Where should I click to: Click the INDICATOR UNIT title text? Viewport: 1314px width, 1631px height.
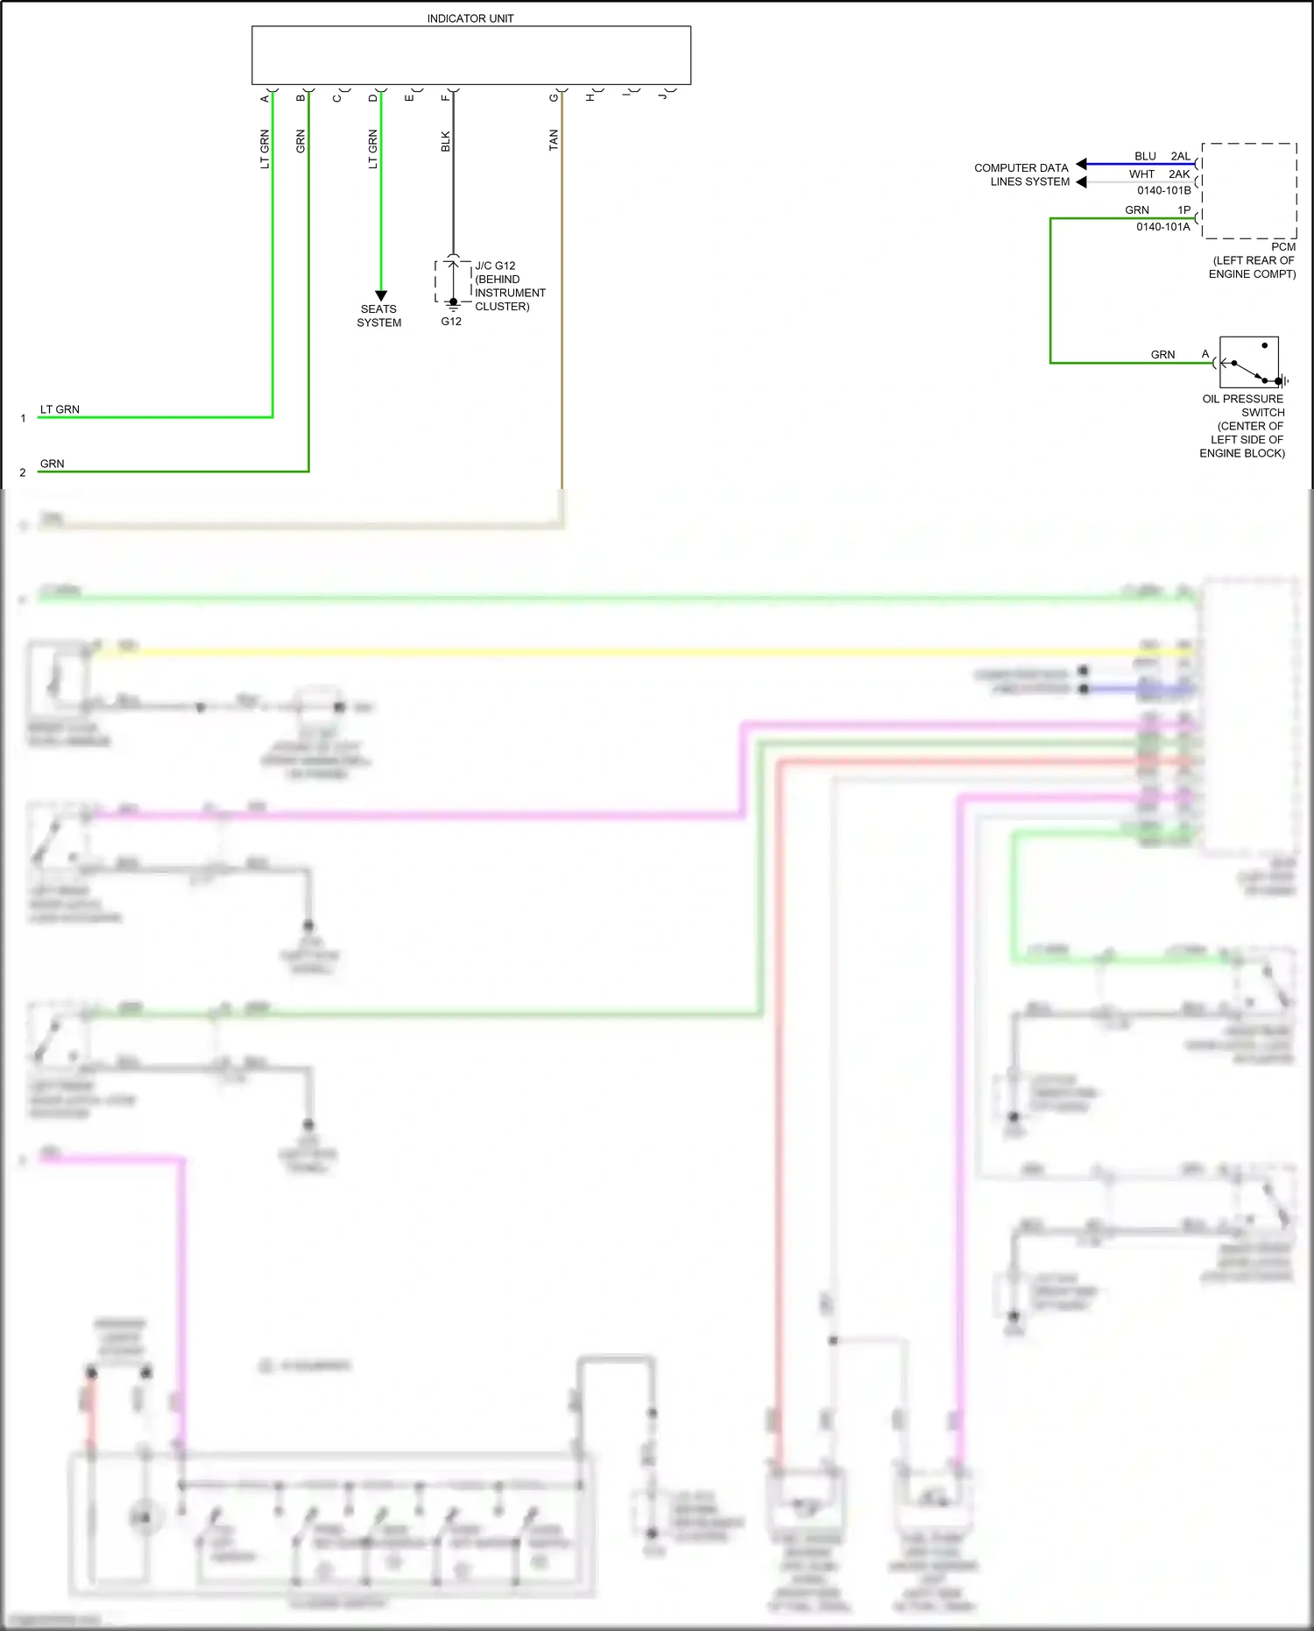point(470,18)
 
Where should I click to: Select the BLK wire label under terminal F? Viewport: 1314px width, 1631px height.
point(445,141)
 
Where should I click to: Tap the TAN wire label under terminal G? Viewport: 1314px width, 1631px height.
point(553,140)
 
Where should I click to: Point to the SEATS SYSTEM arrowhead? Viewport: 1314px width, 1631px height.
point(380,295)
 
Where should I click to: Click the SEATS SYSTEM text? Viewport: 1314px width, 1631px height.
point(378,316)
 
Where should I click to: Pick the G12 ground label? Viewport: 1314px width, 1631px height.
point(451,322)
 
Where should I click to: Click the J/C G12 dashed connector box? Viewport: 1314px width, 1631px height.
point(453,280)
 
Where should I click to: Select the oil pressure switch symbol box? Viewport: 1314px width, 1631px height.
point(1248,362)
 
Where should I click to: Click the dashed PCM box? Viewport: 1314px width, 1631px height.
point(1249,190)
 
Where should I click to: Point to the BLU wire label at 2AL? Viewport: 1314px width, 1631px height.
point(1145,156)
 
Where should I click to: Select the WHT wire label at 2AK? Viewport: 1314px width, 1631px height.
point(1141,174)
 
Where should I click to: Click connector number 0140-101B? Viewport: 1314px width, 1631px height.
point(1163,190)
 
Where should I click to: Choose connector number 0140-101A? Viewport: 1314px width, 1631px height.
point(1162,227)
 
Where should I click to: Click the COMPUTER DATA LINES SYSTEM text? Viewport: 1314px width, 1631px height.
point(1021,174)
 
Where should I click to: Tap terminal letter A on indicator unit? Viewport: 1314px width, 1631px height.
point(265,98)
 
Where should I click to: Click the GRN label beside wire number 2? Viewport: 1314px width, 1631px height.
point(53,464)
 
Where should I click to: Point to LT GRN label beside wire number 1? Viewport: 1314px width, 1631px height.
point(60,409)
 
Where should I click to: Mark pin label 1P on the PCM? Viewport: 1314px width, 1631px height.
point(1183,210)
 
